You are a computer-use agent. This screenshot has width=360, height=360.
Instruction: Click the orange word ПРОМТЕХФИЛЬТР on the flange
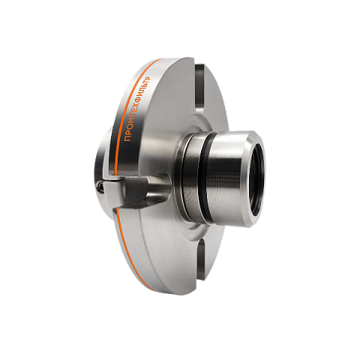(138, 109)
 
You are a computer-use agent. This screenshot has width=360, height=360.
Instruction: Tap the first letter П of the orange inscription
(127, 138)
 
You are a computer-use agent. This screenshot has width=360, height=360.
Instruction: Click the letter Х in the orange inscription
(138, 108)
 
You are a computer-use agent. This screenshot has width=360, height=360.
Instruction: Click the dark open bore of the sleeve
(257, 179)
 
